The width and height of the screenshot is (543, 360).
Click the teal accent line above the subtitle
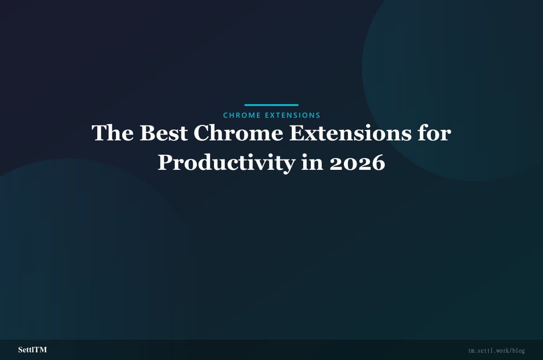(x=271, y=105)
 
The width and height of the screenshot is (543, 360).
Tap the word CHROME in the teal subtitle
(x=242, y=115)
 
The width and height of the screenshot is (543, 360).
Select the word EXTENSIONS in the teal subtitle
(x=292, y=115)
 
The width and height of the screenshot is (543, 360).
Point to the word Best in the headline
(x=163, y=134)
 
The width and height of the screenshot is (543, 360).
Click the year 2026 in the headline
(x=357, y=163)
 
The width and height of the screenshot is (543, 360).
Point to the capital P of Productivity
(x=166, y=163)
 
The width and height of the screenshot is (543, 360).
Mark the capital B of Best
(x=148, y=134)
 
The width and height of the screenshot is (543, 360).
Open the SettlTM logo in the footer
(x=33, y=350)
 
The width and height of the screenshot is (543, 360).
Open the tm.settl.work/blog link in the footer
(x=496, y=351)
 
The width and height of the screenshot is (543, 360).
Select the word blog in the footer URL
(x=518, y=351)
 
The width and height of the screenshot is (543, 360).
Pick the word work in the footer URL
(x=501, y=351)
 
